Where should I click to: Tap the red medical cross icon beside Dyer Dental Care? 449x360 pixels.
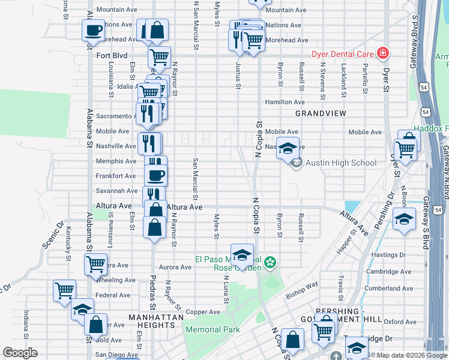tap(382, 54)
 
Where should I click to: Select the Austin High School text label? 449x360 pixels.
tap(341, 163)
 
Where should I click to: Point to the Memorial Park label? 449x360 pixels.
tap(212, 329)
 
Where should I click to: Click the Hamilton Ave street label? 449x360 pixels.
tap(285, 103)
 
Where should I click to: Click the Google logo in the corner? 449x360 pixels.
tap(20, 353)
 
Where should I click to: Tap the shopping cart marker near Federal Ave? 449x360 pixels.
tap(64, 290)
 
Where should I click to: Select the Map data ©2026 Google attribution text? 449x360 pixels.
tap(411, 355)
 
